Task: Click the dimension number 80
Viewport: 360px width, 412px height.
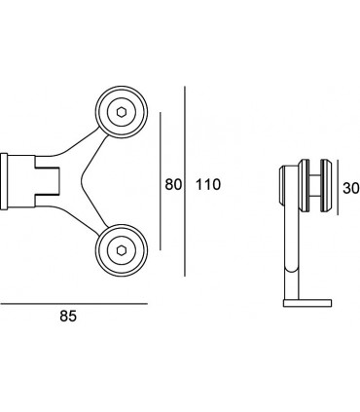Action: click(x=173, y=185)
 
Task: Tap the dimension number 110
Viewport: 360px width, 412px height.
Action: click(x=208, y=185)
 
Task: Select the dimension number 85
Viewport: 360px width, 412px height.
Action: click(x=68, y=316)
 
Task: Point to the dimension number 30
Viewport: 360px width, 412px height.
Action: click(x=351, y=188)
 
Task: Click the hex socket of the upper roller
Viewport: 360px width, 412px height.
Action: click(x=122, y=112)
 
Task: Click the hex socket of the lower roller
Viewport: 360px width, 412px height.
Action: click(x=122, y=250)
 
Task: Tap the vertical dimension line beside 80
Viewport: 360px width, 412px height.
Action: click(x=161, y=181)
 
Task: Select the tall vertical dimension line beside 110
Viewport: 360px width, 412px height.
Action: click(x=185, y=181)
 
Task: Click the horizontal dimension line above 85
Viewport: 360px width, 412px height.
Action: click(x=74, y=304)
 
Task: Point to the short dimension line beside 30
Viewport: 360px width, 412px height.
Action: click(x=338, y=187)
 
